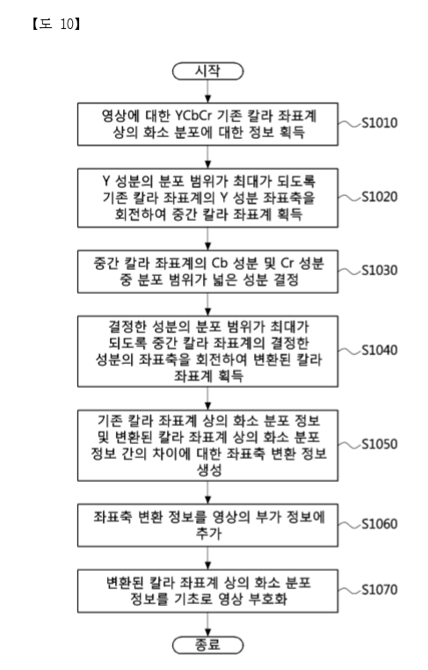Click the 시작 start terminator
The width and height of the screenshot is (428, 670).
pyautogui.click(x=208, y=71)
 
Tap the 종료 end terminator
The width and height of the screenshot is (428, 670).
pyautogui.click(x=208, y=645)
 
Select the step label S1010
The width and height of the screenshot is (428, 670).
pyautogui.click(x=380, y=123)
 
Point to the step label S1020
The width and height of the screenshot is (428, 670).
pyautogui.click(x=380, y=197)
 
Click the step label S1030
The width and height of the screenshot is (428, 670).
pyautogui.click(x=380, y=271)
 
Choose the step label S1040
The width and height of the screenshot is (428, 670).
pyautogui.click(x=380, y=350)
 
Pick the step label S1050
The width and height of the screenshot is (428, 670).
pyautogui.click(x=380, y=444)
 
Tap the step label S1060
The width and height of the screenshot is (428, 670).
pyautogui.click(x=380, y=524)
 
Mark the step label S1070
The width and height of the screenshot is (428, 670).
pyautogui.click(x=380, y=590)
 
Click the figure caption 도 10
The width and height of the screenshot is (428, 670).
pyautogui.click(x=56, y=24)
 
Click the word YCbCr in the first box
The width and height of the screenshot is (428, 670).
pyautogui.click(x=193, y=116)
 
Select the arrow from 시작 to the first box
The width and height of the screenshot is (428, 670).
pyautogui.click(x=208, y=91)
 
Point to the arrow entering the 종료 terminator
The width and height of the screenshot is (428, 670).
pyautogui.click(x=208, y=624)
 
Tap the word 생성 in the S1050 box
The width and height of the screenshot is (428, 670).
pyautogui.click(x=209, y=470)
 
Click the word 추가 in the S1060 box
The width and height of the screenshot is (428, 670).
pyautogui.click(x=209, y=533)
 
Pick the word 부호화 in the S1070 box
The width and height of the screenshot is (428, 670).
pyautogui.click(x=268, y=599)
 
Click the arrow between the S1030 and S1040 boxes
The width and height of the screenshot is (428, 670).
pyautogui.click(x=208, y=304)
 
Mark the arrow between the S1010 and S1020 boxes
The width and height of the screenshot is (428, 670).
pyautogui.click(x=208, y=157)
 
